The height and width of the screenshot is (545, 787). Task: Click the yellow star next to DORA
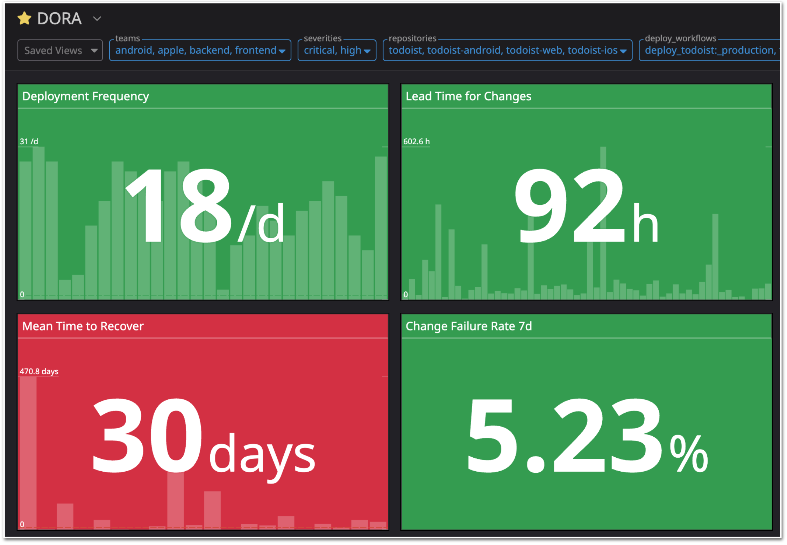tap(24, 19)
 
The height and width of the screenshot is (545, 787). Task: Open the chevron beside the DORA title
tap(97, 19)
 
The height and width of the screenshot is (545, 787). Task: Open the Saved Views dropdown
tap(60, 50)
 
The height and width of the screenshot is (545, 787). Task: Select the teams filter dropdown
tap(200, 50)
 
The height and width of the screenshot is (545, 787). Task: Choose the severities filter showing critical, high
tap(336, 50)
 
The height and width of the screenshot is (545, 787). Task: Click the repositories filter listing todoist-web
tap(507, 50)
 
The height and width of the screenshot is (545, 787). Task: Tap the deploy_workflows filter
tap(710, 50)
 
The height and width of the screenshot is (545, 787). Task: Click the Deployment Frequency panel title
tap(85, 96)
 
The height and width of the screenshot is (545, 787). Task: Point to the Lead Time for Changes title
tap(468, 96)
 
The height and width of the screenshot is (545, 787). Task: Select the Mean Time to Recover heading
tap(83, 326)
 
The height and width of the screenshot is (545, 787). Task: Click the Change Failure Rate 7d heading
tap(468, 326)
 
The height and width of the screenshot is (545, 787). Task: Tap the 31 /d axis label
tap(29, 141)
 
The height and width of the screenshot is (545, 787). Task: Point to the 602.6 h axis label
tap(416, 141)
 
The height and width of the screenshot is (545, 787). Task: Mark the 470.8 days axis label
tap(39, 371)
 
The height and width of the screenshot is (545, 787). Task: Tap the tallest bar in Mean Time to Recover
tap(28, 454)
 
